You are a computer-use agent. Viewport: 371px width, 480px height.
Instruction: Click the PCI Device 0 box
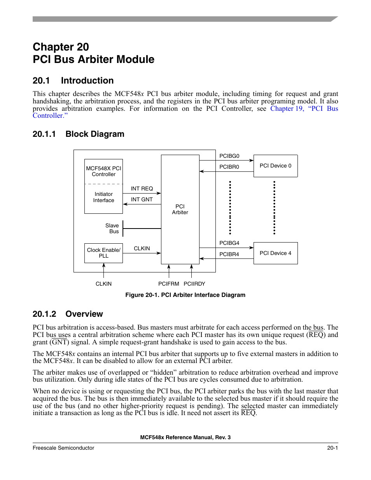point(275,166)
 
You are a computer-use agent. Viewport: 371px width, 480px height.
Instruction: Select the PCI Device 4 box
point(275,253)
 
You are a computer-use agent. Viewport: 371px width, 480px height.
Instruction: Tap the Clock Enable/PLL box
point(103,253)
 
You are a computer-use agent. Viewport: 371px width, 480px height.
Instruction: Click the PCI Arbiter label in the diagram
point(180,209)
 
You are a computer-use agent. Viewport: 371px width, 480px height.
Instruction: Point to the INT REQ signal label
point(142,189)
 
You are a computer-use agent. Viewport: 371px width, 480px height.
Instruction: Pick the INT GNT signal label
point(142,199)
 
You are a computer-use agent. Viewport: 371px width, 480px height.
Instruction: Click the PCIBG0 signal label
point(229,156)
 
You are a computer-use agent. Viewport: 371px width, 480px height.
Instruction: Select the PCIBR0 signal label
point(229,167)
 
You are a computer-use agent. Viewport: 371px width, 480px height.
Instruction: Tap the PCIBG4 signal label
point(229,243)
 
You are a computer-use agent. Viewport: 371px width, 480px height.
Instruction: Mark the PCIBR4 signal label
point(229,254)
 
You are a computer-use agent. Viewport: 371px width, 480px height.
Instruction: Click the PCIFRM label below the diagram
point(169,284)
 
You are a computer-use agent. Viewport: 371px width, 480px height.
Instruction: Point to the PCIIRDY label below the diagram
point(194,284)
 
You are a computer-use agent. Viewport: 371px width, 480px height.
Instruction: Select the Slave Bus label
point(112,229)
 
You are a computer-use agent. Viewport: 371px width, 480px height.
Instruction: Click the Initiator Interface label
point(104,197)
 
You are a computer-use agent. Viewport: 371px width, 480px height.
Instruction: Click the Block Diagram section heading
point(95,134)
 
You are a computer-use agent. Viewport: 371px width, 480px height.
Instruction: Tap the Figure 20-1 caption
point(185,295)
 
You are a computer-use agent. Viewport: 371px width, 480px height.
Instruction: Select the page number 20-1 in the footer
point(332,448)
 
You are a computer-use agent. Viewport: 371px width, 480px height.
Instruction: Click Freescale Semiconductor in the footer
point(63,448)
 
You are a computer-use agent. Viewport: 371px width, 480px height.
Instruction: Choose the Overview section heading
point(84,314)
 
